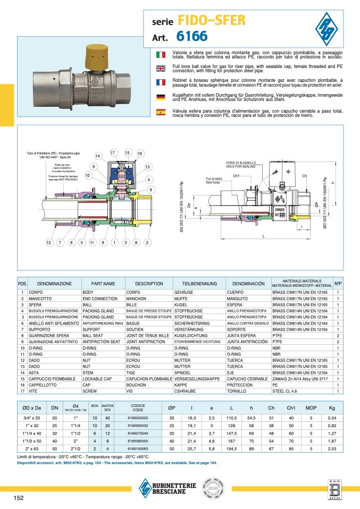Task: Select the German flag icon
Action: (160, 97)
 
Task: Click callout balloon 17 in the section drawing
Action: (113, 153)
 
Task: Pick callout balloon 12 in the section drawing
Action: (48, 243)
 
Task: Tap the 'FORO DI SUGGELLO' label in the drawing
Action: (241, 163)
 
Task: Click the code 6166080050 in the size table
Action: (138, 440)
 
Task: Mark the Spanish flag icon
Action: (160, 112)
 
